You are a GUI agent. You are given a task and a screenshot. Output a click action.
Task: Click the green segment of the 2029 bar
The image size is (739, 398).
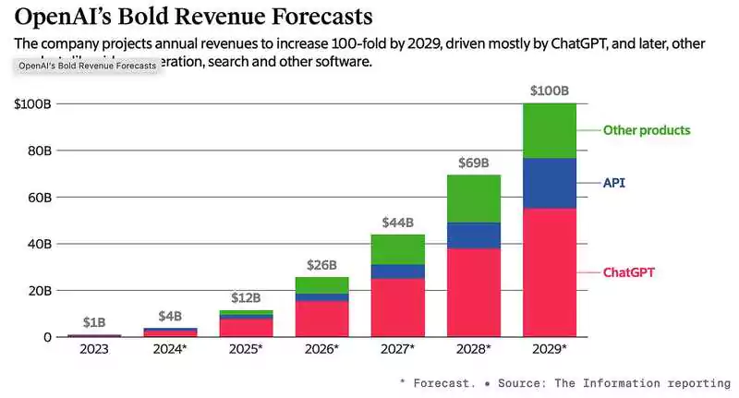[x=550, y=130]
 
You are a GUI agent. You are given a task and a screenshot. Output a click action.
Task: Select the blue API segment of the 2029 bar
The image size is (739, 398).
[x=550, y=183]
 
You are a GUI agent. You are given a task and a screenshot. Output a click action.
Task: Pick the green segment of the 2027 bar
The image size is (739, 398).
[x=398, y=249]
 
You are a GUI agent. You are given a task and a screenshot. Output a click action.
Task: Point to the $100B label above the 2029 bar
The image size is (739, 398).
[x=550, y=91]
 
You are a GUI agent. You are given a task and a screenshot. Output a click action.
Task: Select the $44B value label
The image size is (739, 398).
[x=398, y=223]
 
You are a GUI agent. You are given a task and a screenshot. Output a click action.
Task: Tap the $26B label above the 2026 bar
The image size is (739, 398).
[x=322, y=265]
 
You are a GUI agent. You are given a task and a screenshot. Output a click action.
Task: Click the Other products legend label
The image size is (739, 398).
[x=647, y=130]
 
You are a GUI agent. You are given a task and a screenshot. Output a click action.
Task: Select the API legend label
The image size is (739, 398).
[x=614, y=183]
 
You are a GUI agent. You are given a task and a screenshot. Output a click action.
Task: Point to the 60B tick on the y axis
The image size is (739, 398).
[x=32, y=197]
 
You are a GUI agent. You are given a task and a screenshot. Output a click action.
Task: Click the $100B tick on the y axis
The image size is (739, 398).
[x=32, y=103]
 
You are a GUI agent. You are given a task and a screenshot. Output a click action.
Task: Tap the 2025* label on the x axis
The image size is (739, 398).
[x=247, y=350]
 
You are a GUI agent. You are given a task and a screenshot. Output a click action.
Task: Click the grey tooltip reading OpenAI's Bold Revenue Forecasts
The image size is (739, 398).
[x=88, y=66]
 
